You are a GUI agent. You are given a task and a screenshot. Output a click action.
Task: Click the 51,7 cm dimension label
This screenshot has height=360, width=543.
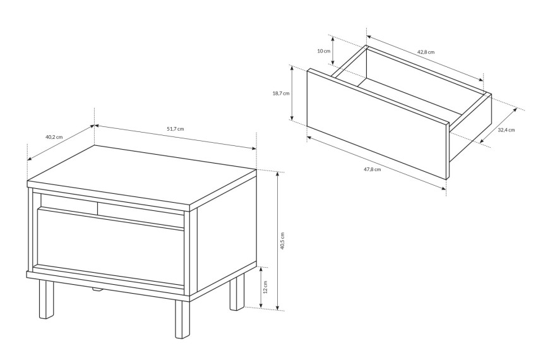point(176,129)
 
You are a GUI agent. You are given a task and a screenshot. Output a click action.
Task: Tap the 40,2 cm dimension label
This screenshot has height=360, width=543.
point(54,136)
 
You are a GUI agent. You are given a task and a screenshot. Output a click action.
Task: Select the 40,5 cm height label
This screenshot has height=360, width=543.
point(282,241)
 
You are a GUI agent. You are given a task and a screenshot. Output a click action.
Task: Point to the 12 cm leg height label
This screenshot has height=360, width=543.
point(265,287)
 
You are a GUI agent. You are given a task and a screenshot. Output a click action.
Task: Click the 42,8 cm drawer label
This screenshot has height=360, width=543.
point(426,52)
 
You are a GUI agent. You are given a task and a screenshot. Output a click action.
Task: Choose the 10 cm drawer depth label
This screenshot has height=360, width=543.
point(324,51)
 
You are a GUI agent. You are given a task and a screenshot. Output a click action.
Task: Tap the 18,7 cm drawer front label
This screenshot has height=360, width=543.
point(281,93)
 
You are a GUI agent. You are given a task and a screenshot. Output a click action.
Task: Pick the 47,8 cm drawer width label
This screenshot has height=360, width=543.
point(373,169)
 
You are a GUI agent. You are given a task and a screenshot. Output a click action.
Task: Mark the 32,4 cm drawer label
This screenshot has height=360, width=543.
point(506,130)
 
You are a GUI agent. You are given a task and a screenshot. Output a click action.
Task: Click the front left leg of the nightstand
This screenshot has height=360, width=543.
point(47,299)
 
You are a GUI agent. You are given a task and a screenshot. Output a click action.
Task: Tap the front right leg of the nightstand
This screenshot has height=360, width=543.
point(182,319)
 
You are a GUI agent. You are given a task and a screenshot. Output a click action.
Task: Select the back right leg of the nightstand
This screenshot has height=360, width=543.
point(237,292)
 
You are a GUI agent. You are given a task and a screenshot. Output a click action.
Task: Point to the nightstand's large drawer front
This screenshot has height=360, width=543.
point(110,247)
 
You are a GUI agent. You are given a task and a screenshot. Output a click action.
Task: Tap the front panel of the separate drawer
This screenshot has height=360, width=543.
point(378,124)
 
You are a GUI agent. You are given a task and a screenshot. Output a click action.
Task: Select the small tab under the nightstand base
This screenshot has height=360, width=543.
point(97,290)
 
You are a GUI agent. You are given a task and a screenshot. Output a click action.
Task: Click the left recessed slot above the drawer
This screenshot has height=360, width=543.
point(69,201)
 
